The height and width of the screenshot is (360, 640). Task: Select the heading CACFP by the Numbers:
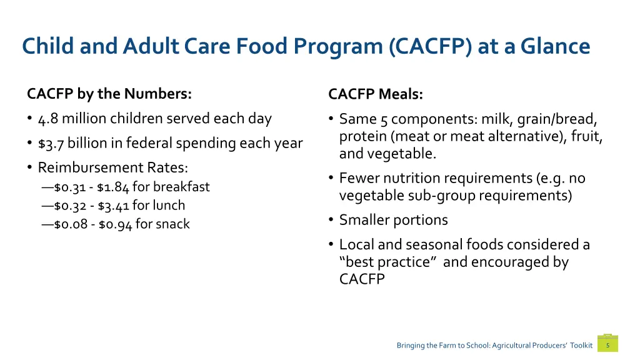[x=109, y=94]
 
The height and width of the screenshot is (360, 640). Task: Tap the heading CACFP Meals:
[x=376, y=94]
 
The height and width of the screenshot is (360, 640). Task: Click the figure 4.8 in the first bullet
[x=47, y=118]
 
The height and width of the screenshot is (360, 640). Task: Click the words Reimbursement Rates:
[x=113, y=167]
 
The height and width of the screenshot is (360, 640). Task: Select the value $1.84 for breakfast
[x=113, y=187]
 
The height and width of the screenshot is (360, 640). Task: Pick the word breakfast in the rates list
[x=181, y=187]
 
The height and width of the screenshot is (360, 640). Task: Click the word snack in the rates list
[x=172, y=224]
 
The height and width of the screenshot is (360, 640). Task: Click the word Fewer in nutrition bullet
[x=358, y=179]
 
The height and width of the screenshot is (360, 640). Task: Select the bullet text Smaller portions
[x=393, y=220]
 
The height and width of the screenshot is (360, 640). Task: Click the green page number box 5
[x=607, y=345]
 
